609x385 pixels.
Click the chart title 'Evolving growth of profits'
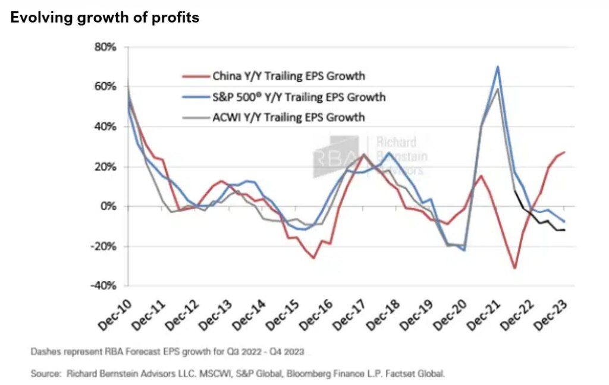105,18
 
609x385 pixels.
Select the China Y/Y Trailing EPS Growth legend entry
288,76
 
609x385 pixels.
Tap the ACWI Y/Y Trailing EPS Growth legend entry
288,117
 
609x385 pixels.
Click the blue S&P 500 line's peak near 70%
497,67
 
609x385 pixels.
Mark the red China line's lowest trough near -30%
515,268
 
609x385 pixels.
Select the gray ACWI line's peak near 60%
498,89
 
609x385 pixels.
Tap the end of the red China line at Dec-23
564,152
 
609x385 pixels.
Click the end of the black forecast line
564,230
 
